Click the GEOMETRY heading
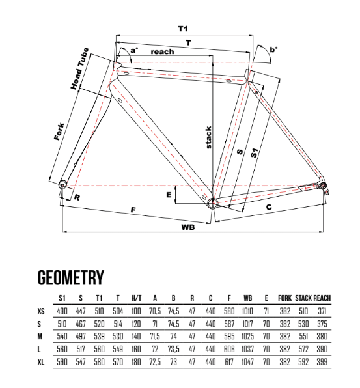click(x=71, y=277)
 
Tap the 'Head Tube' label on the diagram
click(x=79, y=68)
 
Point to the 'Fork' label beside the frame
click(x=59, y=132)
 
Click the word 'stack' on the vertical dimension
click(x=208, y=137)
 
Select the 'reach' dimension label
click(x=162, y=51)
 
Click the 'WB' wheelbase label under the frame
click(x=188, y=227)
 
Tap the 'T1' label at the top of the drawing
click(x=183, y=29)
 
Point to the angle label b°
click(x=273, y=49)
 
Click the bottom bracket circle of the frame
click(x=212, y=203)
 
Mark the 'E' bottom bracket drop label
click(x=169, y=195)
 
